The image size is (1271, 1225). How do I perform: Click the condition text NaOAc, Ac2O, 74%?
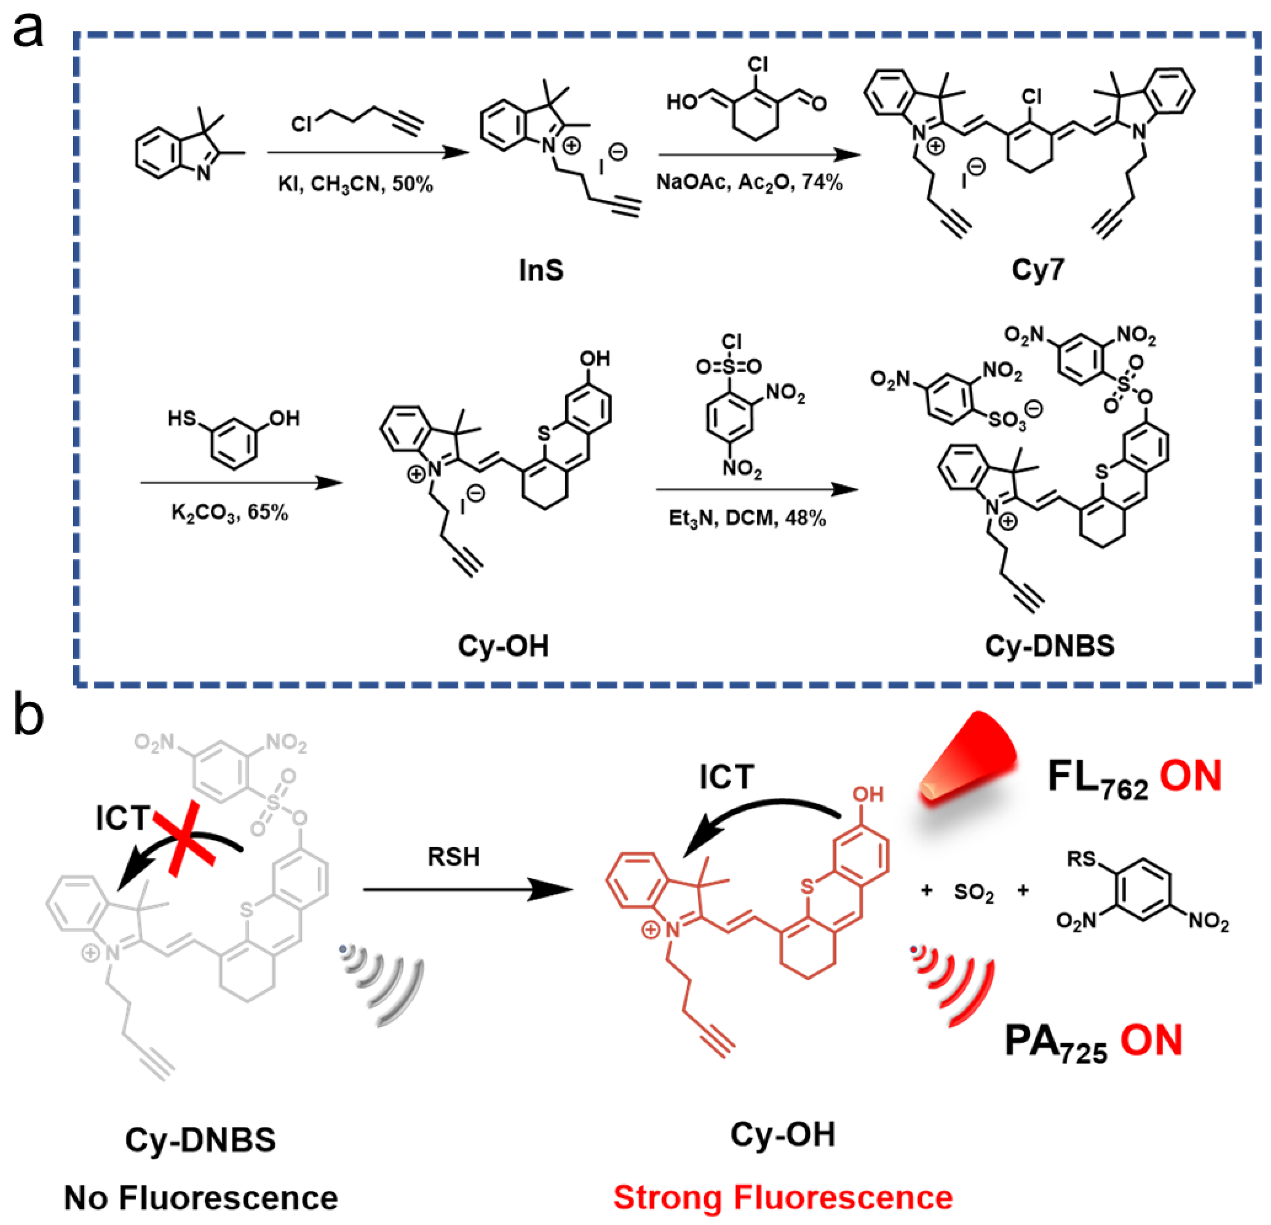pos(749,182)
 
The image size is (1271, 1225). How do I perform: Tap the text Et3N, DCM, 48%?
pos(747,518)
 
